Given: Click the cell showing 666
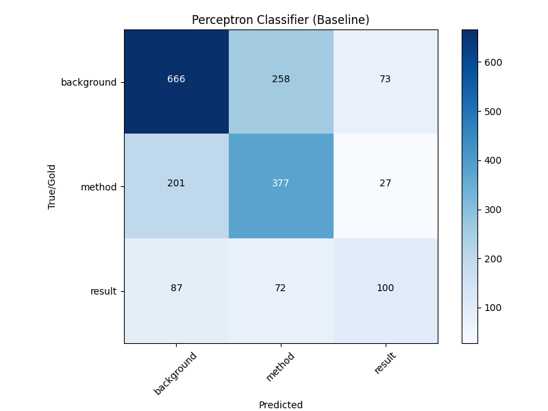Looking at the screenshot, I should point(176,79).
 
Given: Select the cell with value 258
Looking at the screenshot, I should point(281,79).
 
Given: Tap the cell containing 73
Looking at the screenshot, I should point(386,79).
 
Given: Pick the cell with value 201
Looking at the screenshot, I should point(176,184).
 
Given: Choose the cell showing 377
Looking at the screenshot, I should point(281,184).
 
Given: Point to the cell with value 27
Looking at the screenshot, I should point(386,184).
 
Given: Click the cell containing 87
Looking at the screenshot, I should point(176,288).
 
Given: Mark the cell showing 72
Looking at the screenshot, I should point(281,288).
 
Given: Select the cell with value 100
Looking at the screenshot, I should point(386,288).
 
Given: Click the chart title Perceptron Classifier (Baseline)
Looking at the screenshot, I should point(281,21).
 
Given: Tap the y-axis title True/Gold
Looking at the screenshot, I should point(52,186).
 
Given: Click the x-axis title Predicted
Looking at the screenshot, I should point(281,405).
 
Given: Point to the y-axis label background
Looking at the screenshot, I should point(89,82).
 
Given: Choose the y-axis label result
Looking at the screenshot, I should point(104,291).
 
